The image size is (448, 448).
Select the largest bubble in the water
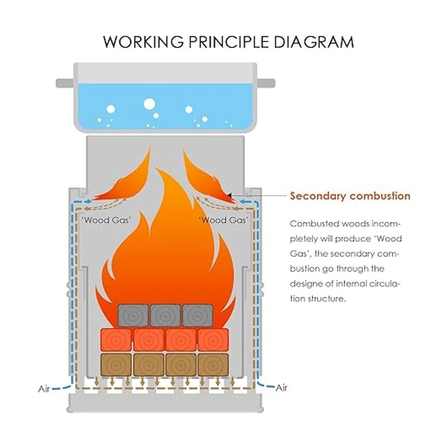tap(149, 103)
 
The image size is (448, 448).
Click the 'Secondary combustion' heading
tap(350, 196)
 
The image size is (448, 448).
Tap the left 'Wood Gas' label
tap(106, 220)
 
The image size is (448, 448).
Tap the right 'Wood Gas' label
tap(223, 220)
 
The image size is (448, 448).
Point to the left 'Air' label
tap(44, 389)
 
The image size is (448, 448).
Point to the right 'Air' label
tap(281, 388)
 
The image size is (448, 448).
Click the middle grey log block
tap(165, 315)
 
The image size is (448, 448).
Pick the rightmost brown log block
tap(213, 365)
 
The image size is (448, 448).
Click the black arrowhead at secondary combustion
tap(229, 195)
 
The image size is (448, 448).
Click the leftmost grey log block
tap(133, 315)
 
